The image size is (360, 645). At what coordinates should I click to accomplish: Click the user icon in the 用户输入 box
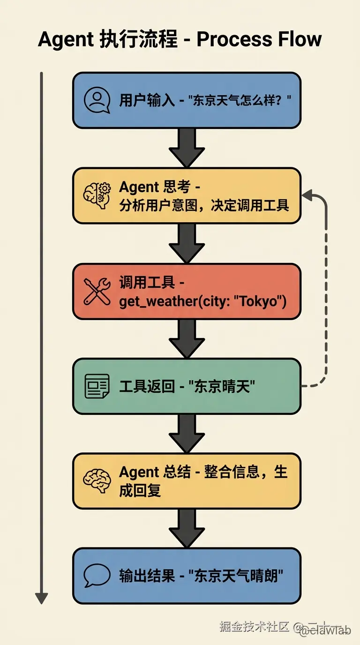coord(97,100)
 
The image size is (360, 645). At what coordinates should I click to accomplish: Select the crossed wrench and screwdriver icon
coord(97,291)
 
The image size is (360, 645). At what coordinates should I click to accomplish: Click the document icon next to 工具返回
coord(97,386)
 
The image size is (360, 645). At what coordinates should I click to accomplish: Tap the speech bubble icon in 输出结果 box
coord(97,575)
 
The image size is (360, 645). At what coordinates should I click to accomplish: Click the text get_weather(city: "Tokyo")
coord(202,301)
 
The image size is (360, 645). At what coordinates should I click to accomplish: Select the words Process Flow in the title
coord(259,39)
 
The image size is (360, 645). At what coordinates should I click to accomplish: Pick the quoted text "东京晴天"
coord(222,387)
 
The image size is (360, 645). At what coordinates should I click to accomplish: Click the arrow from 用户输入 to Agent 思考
coord(187,146)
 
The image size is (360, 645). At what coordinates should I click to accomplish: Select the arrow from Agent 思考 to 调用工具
coord(187,242)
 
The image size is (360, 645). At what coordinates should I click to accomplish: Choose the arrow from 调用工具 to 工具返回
coord(187,338)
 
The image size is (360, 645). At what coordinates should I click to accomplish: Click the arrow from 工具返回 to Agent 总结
coord(187,433)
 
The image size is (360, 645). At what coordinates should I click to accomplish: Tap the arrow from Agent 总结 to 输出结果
coord(187,527)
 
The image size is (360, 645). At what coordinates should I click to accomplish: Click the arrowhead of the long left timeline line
coord(42,598)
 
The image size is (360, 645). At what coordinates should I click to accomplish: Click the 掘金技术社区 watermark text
coord(254,627)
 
